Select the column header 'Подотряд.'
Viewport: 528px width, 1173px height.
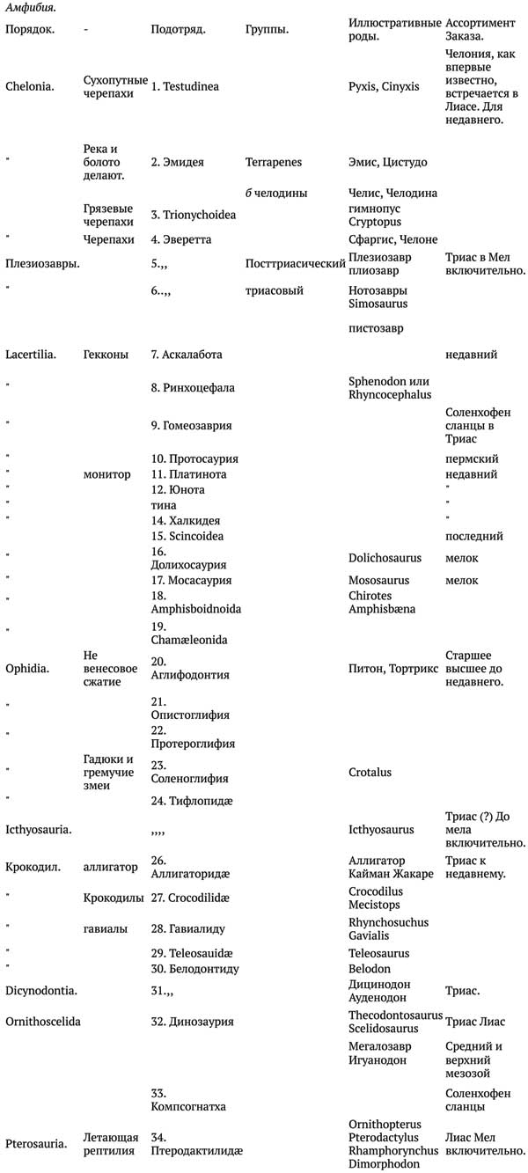tap(178, 29)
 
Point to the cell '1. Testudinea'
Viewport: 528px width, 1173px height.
tap(185, 86)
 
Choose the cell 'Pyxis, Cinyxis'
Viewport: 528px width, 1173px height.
tap(384, 86)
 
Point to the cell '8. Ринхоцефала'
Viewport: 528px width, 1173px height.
tap(192, 387)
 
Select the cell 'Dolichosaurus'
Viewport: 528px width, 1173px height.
tap(385, 558)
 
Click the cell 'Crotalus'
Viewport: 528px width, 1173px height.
tap(370, 772)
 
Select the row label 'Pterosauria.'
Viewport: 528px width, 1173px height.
tap(36, 1144)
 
